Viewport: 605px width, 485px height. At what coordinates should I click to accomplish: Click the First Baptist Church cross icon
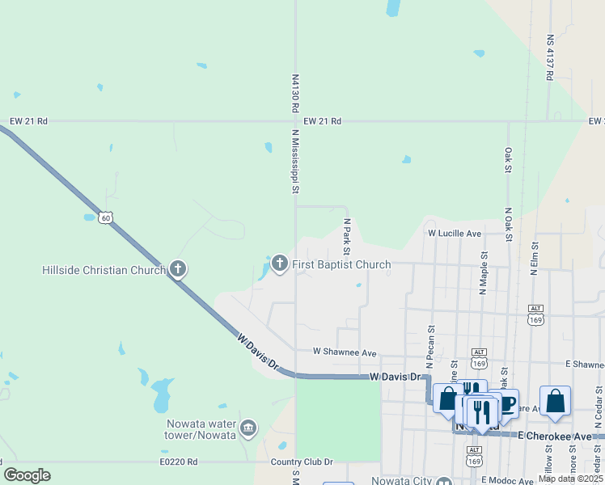coord(280,263)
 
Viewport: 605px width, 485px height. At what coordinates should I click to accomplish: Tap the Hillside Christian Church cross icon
coord(178,268)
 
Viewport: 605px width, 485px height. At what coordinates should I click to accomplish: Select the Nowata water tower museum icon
coord(248,427)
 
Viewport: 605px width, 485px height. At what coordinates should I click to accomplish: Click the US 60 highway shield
coord(107,217)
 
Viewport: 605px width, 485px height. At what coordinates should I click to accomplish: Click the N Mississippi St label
coord(296,164)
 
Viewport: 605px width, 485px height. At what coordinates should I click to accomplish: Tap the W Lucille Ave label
coord(454,234)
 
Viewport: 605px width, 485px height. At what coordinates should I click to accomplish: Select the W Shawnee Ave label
coord(345,353)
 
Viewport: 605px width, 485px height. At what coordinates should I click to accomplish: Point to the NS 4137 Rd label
coord(549,57)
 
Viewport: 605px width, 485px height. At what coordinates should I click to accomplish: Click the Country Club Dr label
coord(302,462)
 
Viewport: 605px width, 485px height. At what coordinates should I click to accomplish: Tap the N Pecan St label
coord(430,343)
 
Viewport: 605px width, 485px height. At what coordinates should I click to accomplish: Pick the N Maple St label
coord(484,272)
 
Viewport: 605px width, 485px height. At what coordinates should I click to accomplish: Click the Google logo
coord(27,475)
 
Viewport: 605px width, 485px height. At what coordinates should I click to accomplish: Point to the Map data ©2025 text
coord(569,479)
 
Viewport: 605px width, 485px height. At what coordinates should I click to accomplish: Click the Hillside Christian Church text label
coord(104,269)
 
